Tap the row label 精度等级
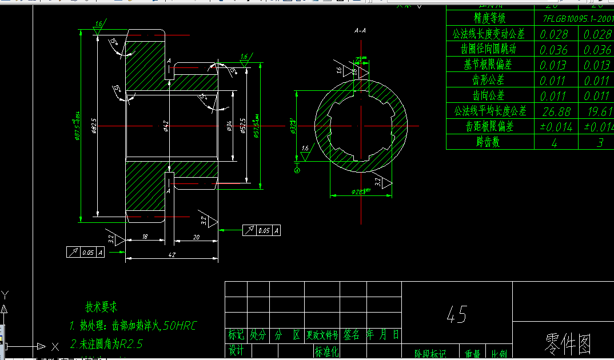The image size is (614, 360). [x=489, y=18]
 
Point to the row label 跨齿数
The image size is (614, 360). [x=489, y=142]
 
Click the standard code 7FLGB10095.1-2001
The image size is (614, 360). [x=577, y=18]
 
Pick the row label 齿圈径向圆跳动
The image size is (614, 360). [x=489, y=50]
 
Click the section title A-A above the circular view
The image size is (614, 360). [x=360, y=30]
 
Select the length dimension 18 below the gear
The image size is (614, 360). [x=145, y=237]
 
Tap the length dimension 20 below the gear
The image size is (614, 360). [x=196, y=237]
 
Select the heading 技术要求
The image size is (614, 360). [x=102, y=307]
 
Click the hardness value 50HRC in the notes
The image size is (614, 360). [x=180, y=326]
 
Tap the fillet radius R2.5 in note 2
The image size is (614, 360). [x=130, y=344]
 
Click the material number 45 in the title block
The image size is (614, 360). [x=457, y=314]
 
